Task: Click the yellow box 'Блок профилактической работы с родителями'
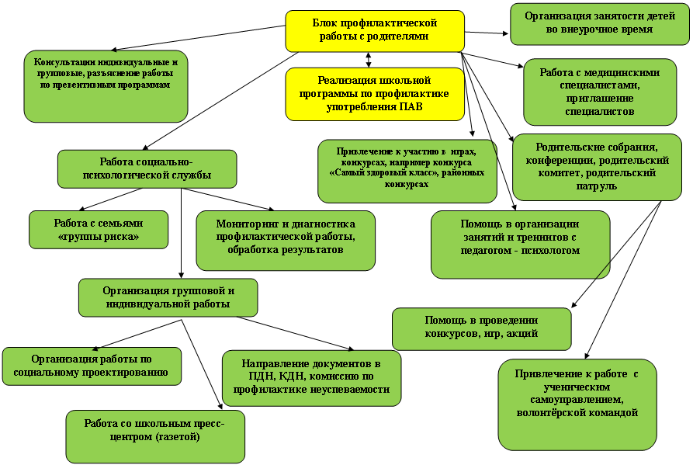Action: pyautogui.click(x=375, y=30)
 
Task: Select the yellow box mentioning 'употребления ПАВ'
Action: pyautogui.click(x=375, y=94)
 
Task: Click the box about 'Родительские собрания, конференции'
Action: pyautogui.click(x=598, y=165)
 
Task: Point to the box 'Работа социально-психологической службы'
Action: pyautogui.click(x=147, y=169)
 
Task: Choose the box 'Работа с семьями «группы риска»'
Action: pyautogui.click(x=99, y=230)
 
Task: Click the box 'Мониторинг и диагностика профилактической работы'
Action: pyautogui.click(x=285, y=240)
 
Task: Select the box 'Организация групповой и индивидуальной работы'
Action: pyautogui.click(x=168, y=297)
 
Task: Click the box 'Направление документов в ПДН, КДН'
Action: pyautogui.click(x=311, y=378)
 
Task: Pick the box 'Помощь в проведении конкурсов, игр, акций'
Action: pyautogui.click(x=481, y=329)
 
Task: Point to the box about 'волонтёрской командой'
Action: pyautogui.click(x=577, y=404)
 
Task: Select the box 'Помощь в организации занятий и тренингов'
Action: pyautogui.click(x=520, y=244)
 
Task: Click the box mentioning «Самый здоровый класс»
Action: pyautogui.click(x=407, y=170)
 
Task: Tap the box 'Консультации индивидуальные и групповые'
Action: pyautogui.click(x=106, y=85)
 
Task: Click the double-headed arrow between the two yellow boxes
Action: pyautogui.click(x=369, y=60)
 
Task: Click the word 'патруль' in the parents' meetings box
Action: pyautogui.click(x=598, y=187)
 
